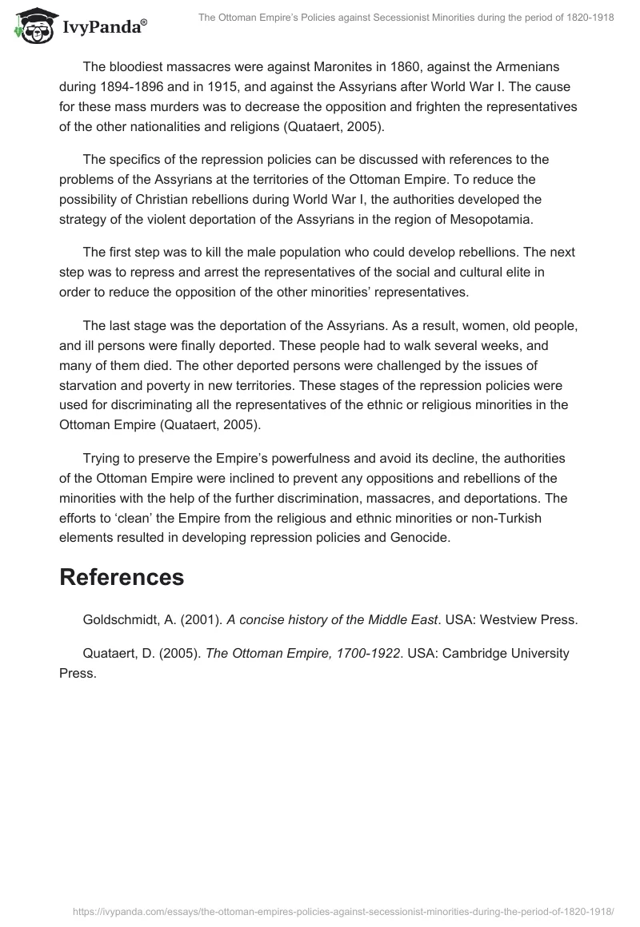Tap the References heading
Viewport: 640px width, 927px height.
click(x=122, y=578)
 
